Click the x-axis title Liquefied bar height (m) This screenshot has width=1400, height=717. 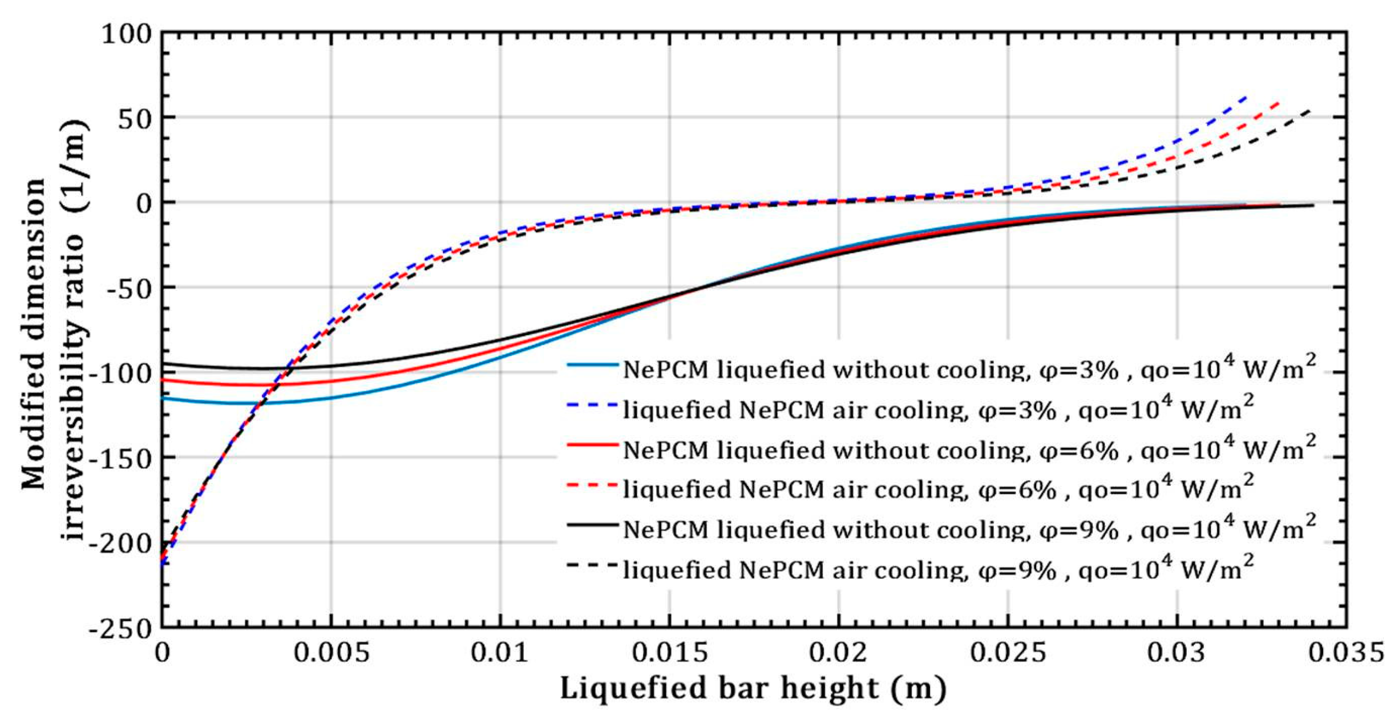point(753,689)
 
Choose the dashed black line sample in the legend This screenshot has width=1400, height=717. point(593,565)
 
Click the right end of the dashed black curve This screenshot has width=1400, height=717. point(1310,110)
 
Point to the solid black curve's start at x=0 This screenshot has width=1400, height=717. point(163,364)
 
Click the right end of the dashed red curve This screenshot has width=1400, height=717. point(1278,102)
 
